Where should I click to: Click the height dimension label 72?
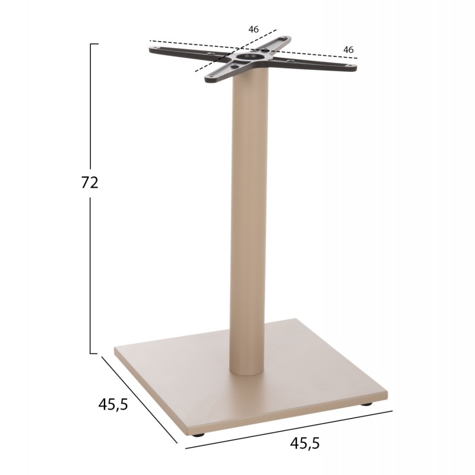[90, 183]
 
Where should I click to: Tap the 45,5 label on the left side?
[113, 404]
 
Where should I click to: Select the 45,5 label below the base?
[305, 443]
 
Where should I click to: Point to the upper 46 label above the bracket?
[254, 29]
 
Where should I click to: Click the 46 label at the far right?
[349, 50]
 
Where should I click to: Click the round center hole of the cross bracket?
[248, 56]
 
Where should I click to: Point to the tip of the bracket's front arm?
[207, 80]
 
